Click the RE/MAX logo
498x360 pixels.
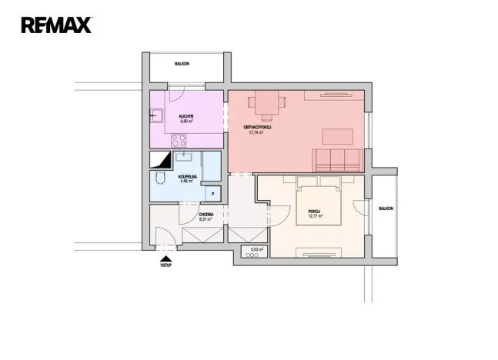point(56,25)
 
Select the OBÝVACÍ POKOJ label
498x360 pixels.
point(256,127)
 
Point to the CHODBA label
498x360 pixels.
point(206,215)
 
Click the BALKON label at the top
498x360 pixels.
point(182,65)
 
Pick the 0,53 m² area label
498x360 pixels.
point(256,250)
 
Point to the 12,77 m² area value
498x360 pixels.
point(314,217)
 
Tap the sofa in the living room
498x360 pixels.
point(337,159)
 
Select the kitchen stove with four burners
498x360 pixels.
point(179,141)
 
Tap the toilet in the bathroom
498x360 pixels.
point(159,178)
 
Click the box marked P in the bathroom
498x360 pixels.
point(213,194)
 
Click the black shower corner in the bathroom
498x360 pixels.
point(162,160)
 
